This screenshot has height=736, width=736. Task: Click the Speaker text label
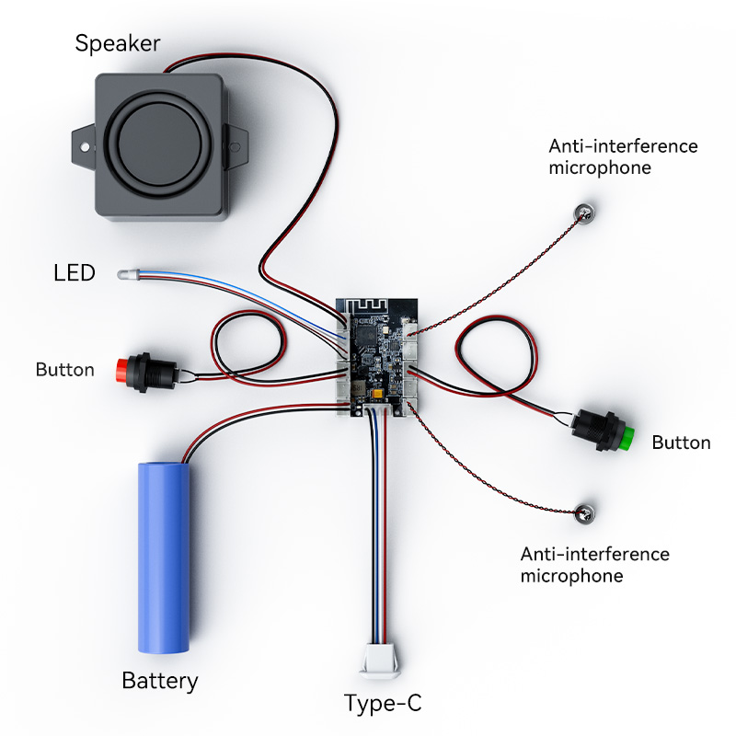tap(118, 43)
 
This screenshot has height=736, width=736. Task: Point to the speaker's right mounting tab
tap(237, 144)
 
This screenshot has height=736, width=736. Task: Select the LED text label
tap(75, 273)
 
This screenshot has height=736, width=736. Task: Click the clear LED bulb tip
tap(122, 274)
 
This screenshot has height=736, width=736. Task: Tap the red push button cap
tap(121, 370)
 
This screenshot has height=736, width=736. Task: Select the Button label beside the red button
tap(64, 370)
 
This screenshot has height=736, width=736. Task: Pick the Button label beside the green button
tap(681, 443)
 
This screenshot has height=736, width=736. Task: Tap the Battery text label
tap(160, 682)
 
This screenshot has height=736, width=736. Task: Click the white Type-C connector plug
tap(380, 660)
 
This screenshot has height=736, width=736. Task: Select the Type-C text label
tap(383, 704)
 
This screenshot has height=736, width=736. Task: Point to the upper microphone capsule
tap(583, 213)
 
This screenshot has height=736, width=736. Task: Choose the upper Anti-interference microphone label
tap(623, 156)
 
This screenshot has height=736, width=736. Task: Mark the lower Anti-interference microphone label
tap(594, 565)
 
